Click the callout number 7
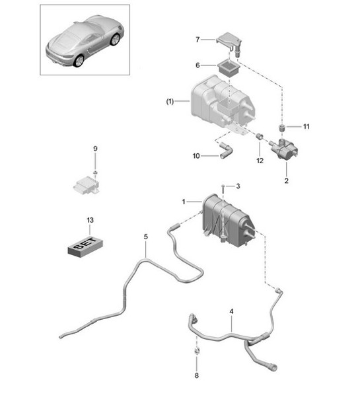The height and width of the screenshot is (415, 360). pos(197,40)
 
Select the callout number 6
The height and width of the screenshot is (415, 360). pos(197,65)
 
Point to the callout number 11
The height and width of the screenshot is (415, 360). pos(306,125)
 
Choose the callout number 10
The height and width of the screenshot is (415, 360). pos(196,156)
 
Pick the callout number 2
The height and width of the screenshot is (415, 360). pos(286,180)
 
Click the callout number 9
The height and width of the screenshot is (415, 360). pos(94,149)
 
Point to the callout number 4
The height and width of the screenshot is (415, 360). pos(231,310)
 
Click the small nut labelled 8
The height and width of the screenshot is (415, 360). pos(197,350)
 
